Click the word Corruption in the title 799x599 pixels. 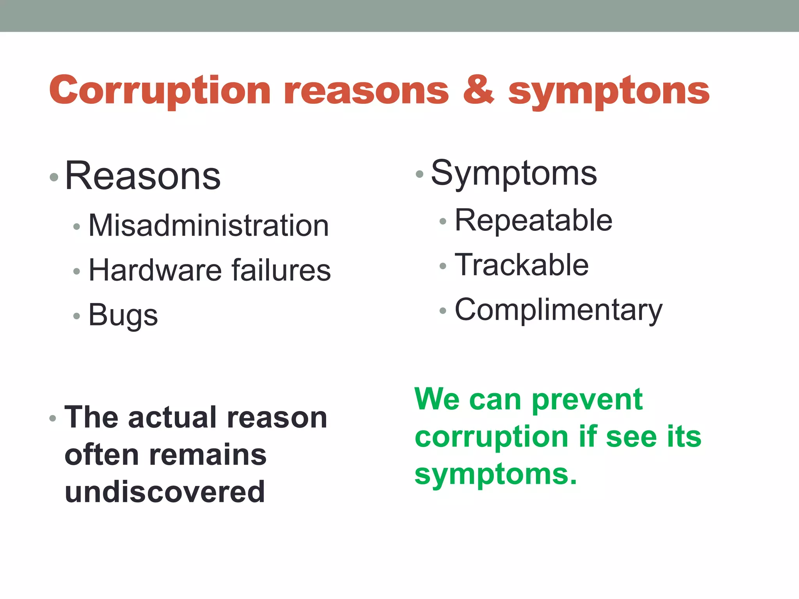tap(160, 91)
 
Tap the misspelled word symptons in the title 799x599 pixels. tap(609, 92)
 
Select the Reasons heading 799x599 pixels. tap(143, 176)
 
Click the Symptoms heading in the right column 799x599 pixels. tap(514, 174)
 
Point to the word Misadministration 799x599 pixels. tap(209, 226)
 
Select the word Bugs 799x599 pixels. tap(123, 315)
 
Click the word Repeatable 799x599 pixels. tap(533, 221)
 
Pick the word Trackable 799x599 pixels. tap(522, 265)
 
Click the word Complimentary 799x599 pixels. tap(558, 310)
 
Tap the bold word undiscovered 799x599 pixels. tap(165, 492)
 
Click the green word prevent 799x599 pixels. tap(587, 400)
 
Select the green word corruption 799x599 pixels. tap(492, 437)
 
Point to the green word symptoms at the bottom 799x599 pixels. tap(495, 475)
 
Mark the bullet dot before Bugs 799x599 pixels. tap(76, 316)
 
